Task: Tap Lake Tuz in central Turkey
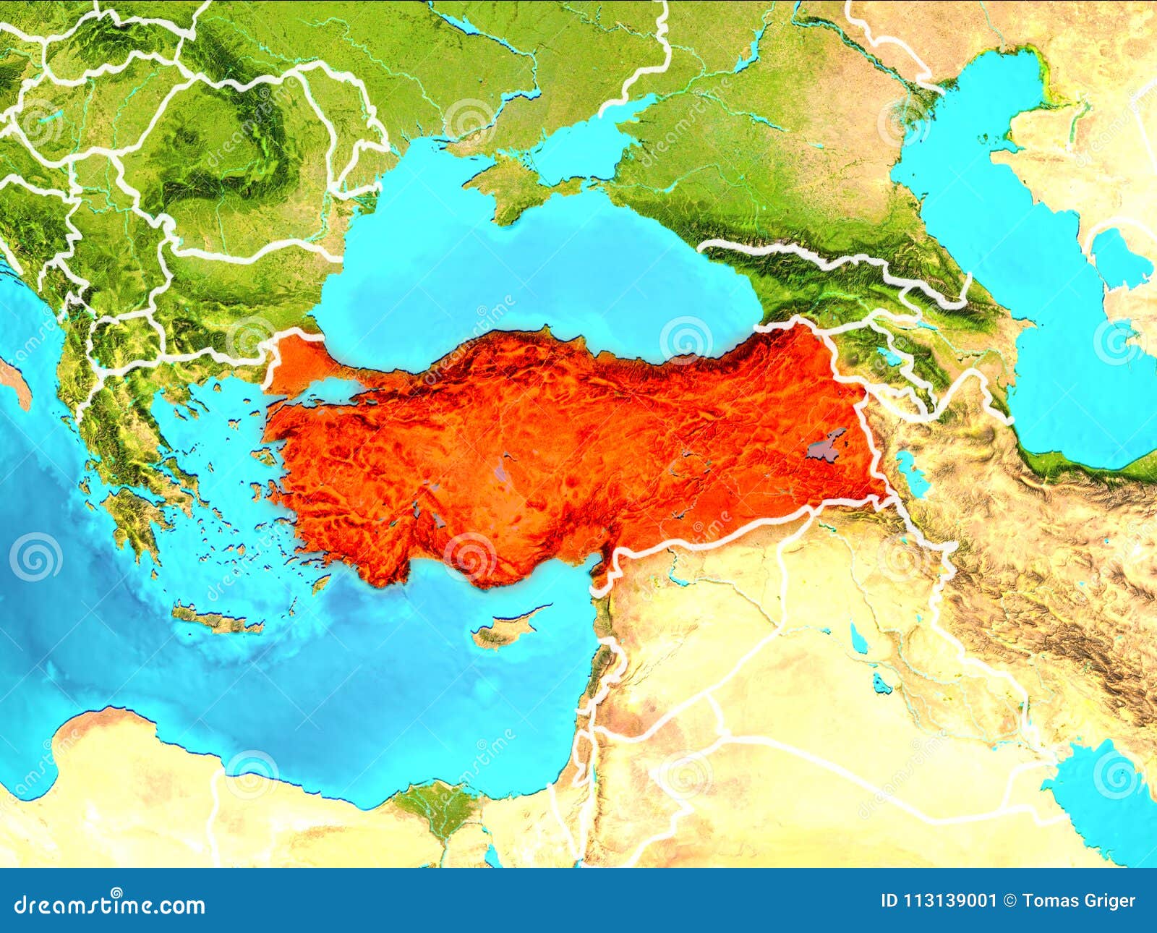pos(502,474)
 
